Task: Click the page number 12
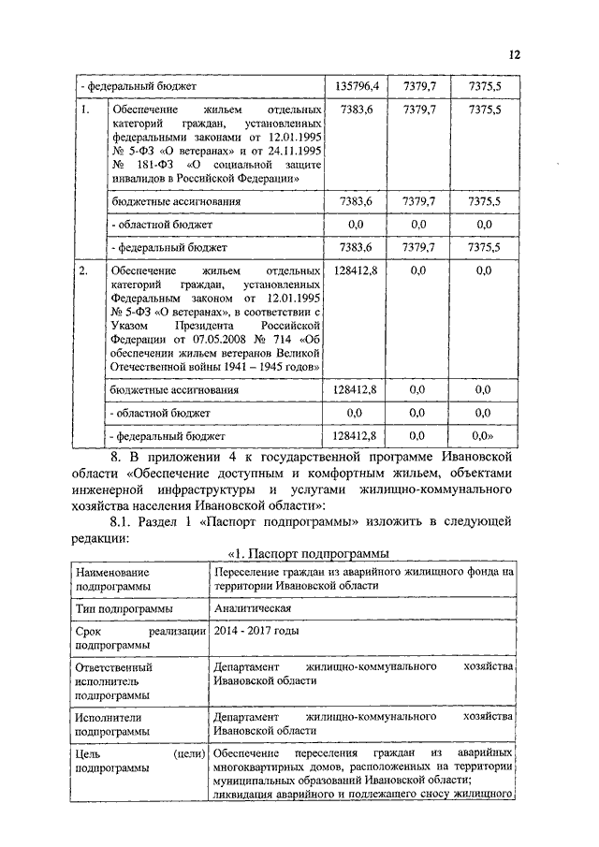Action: pyautogui.click(x=514, y=56)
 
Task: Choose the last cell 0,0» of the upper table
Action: pyautogui.click(x=483, y=435)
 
